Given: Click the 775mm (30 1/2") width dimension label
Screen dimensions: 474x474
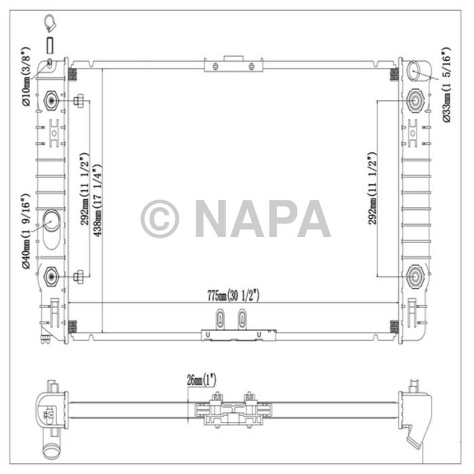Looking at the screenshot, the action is point(233,295).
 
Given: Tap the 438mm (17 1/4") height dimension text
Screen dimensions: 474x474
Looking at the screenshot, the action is point(97,200).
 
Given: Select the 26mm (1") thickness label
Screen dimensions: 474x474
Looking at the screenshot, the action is point(201,380).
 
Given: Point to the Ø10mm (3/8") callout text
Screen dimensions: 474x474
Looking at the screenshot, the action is point(26,76).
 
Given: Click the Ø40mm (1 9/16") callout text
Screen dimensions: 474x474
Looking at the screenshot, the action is point(26,232).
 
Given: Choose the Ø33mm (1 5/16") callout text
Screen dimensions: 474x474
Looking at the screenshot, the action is point(446,85).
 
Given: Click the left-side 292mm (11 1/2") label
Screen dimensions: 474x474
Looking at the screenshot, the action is point(85,189).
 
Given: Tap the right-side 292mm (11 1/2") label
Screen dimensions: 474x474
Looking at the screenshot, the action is point(372,188).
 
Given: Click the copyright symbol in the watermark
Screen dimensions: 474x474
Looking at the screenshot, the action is point(160,219).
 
